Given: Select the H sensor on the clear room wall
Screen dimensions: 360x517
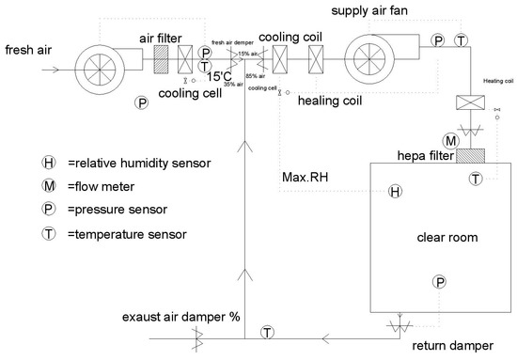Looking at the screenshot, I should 396,192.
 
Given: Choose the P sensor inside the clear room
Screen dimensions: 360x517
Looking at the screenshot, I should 439,281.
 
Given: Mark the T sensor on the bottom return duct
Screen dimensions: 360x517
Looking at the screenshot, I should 268,332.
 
